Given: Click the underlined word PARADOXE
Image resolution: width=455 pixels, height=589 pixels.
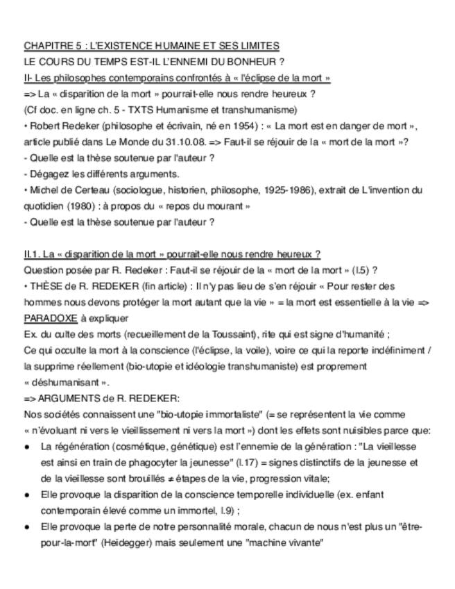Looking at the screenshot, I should pyautogui.click(x=51, y=318).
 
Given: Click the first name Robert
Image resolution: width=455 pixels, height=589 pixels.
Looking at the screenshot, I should pyautogui.click(x=44, y=126).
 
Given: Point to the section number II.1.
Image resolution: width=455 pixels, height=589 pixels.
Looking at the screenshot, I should pyautogui.click(x=33, y=254).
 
